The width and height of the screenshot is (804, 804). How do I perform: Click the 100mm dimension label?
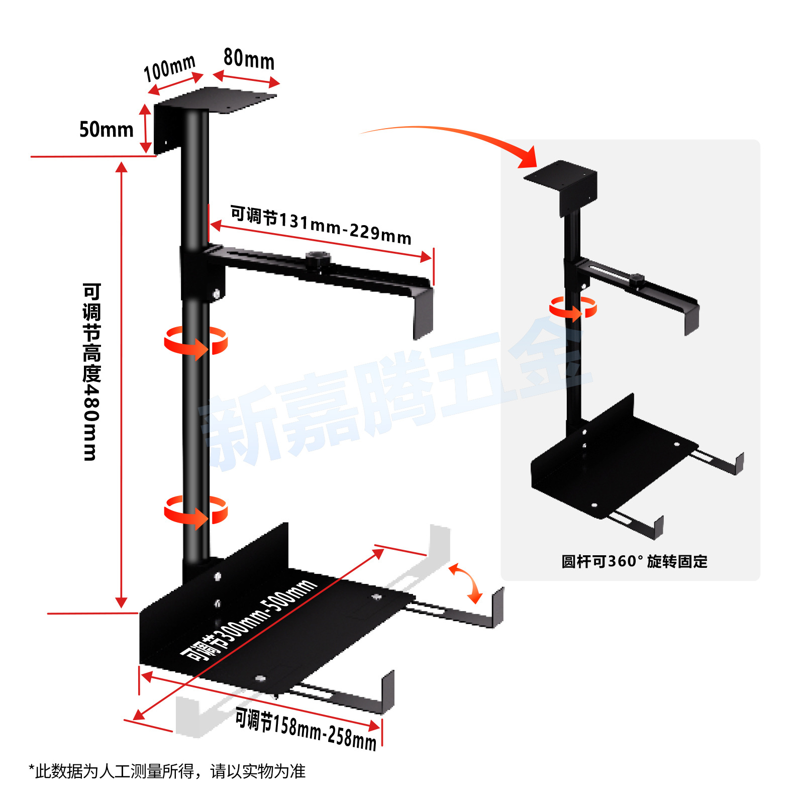pos(169,68)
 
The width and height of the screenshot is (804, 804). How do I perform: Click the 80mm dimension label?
pos(249,59)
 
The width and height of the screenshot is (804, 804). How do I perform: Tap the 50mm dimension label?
pos(106,130)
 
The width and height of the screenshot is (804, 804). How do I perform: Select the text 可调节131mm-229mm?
pos(321,225)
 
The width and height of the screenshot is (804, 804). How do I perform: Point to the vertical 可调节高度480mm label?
pos(91,372)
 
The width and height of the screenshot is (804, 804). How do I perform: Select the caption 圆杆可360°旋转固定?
pos(634,561)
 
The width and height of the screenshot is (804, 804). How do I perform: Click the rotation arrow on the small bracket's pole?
pos(573,308)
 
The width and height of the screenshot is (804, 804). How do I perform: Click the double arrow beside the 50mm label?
pos(145,128)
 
